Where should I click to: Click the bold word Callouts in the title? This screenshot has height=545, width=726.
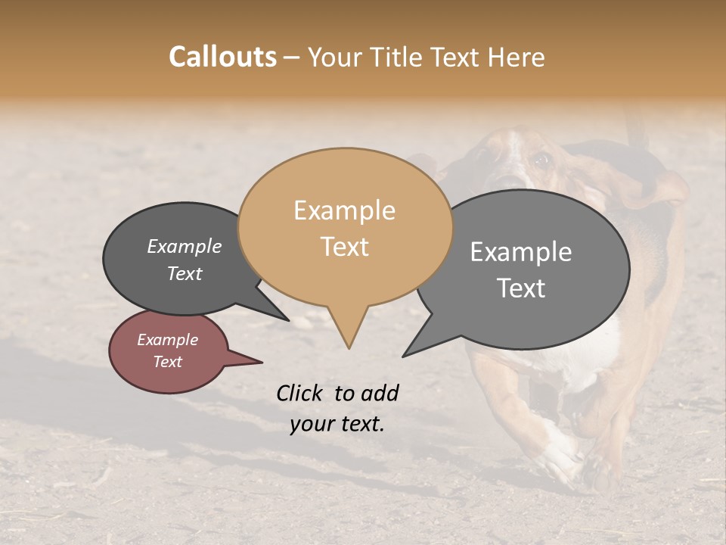pyautogui.click(x=222, y=57)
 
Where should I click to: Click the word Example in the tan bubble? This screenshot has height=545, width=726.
pyautogui.click(x=344, y=210)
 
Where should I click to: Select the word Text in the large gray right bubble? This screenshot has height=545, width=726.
pyautogui.click(x=521, y=288)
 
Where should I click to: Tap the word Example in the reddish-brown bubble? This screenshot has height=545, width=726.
pyautogui.click(x=167, y=340)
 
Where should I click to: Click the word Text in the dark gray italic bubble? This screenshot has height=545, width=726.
pyautogui.click(x=185, y=273)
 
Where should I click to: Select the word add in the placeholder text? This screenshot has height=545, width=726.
pyautogui.click(x=380, y=393)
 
